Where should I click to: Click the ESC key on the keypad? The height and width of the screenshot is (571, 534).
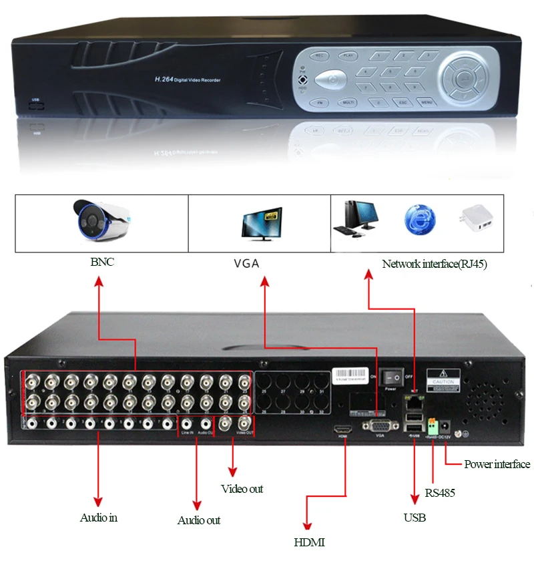(x=403, y=102)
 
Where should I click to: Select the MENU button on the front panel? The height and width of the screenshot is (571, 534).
(x=426, y=102)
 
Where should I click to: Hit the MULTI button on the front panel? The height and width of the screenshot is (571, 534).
(x=347, y=102)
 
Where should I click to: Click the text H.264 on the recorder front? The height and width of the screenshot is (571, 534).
(x=164, y=79)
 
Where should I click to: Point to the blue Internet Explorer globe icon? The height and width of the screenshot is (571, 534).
(x=419, y=221)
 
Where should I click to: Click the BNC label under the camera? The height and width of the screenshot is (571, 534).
(x=102, y=262)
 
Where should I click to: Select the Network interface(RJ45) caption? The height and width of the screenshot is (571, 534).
(x=435, y=264)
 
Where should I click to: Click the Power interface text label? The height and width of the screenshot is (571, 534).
(x=497, y=464)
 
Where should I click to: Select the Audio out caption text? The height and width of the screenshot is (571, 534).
(x=198, y=520)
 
